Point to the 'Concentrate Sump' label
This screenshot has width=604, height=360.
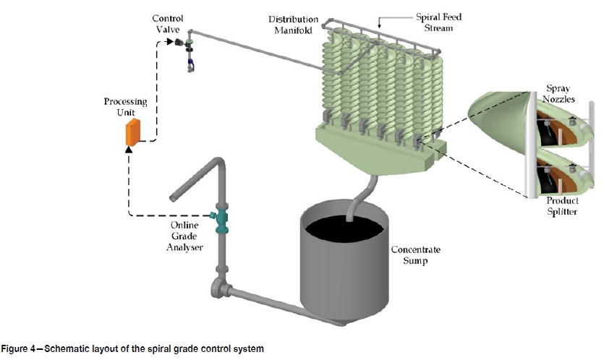[x=415, y=254]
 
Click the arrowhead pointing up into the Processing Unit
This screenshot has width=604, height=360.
[x=129, y=149]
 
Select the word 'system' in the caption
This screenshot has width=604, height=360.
[x=251, y=349]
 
